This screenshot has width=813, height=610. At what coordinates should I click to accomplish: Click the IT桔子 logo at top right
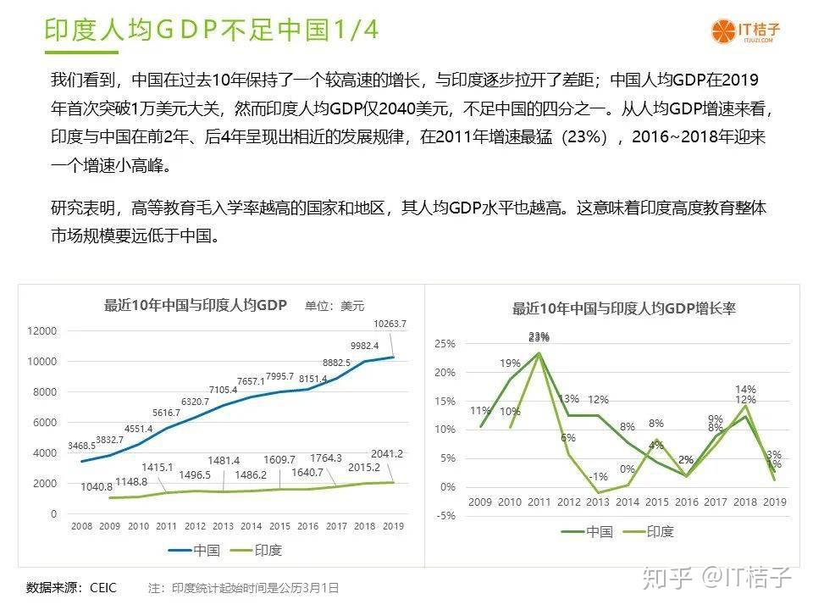745,31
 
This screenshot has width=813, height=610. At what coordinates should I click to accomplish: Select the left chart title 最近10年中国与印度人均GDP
196,305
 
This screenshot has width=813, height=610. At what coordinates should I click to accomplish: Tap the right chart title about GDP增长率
624,308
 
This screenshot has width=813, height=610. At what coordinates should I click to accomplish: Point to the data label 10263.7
390,324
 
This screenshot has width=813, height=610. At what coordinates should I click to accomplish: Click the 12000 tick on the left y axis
42,331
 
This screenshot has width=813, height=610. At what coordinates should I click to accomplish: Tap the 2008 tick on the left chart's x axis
82,526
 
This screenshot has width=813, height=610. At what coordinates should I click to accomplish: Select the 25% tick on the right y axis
445,344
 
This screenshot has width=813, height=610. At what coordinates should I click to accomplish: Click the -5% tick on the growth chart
445,516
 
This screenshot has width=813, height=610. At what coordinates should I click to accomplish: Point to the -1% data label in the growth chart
599,476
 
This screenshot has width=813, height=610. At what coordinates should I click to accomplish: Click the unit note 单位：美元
335,306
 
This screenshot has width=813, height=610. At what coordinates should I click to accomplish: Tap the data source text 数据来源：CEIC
71,587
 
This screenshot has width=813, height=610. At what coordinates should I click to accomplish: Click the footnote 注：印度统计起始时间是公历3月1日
243,587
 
